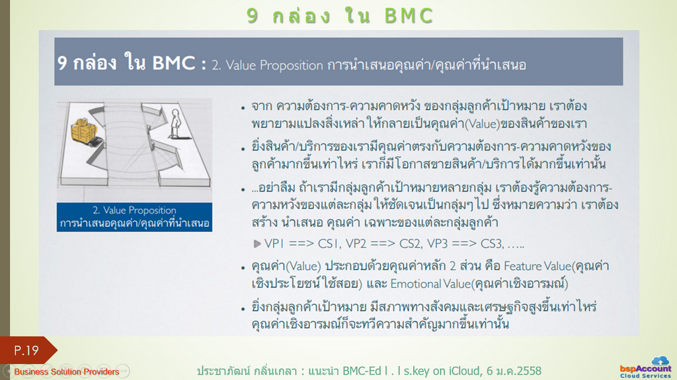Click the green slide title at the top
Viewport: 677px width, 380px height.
[x=340, y=16]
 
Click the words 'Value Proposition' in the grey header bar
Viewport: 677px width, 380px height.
[x=274, y=65]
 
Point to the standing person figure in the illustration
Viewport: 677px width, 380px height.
[x=175, y=123]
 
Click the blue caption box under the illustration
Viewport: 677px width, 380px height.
[x=134, y=217]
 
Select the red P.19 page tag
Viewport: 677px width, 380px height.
[x=26, y=350]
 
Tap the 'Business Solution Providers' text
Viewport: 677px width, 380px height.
[x=67, y=371]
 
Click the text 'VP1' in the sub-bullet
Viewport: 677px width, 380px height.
[x=274, y=244]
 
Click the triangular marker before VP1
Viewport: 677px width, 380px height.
[x=257, y=244]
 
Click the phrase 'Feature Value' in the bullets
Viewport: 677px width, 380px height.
[x=538, y=266]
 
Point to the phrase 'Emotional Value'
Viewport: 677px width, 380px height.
[x=430, y=284]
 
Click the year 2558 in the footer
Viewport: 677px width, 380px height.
[x=528, y=371]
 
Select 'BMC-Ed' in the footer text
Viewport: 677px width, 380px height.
[x=362, y=371]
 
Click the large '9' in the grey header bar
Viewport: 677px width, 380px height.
[x=62, y=63]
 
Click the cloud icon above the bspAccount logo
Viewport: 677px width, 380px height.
[x=660, y=360]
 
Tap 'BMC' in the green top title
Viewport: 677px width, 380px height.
[x=409, y=16]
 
